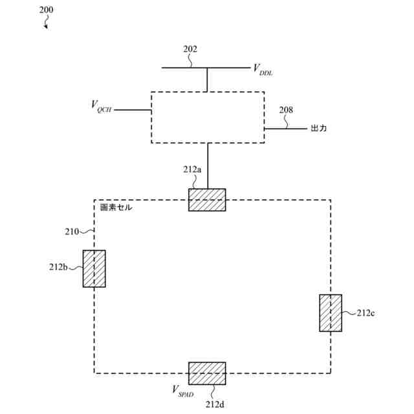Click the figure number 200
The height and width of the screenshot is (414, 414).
(47, 10)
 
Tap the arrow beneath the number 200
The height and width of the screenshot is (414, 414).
(46, 23)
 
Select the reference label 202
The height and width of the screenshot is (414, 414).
(190, 49)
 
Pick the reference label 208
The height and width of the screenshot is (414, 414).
(286, 110)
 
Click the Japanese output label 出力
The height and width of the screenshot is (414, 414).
(319, 129)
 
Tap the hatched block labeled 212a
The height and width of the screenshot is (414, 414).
(207, 200)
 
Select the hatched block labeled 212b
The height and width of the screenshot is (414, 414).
(94, 268)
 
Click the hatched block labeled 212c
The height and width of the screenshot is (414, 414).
(331, 313)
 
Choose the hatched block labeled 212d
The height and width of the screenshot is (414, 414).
(207, 373)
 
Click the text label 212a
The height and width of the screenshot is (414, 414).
(192, 169)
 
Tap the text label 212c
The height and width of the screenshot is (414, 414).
(366, 313)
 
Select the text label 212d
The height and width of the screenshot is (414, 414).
(215, 404)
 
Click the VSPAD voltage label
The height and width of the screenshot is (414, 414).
(182, 390)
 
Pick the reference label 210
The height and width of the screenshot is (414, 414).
(72, 231)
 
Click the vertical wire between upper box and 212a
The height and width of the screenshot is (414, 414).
(207, 166)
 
